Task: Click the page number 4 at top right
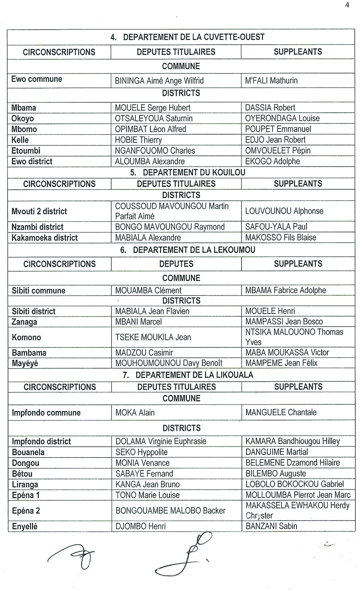point(347,5)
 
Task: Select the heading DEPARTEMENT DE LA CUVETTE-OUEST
point(193,37)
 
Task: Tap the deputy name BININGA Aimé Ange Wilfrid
point(159,81)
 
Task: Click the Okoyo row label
point(23,119)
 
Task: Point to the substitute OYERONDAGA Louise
point(282,119)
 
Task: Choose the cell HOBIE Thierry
point(138,140)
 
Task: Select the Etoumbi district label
point(26,151)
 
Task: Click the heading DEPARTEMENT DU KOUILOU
point(194,173)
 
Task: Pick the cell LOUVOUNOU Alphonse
point(284,211)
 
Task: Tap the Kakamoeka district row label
point(45,238)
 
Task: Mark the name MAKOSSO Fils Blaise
point(281,238)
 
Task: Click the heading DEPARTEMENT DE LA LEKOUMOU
point(194,250)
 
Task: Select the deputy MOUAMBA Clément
point(148,290)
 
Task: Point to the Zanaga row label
point(25,322)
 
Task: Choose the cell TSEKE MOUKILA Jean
point(153,337)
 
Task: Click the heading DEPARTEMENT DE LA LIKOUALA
point(194,375)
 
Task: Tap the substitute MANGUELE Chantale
point(281,412)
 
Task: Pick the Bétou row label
point(22,474)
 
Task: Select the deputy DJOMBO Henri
point(141,526)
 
